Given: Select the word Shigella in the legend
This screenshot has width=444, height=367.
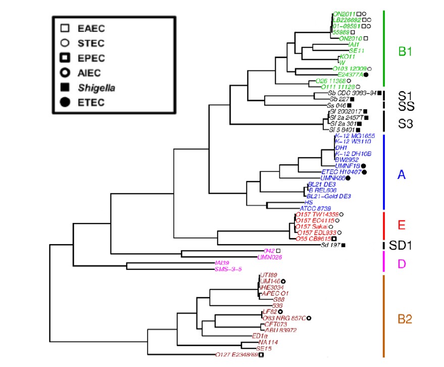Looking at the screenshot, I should pyautogui.click(x=97, y=88).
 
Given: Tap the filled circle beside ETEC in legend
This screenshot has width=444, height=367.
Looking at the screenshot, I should pyautogui.click(x=65, y=103).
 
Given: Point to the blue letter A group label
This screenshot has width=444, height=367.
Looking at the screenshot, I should pyautogui.click(x=402, y=174).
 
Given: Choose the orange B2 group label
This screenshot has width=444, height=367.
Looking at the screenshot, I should pyautogui.click(x=406, y=319).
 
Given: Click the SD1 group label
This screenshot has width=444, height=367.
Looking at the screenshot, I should pyautogui.click(x=401, y=246).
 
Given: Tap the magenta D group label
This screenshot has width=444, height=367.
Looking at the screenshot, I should pyautogui.click(x=401, y=264).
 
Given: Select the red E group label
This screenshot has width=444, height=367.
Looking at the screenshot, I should pyautogui.click(x=402, y=224).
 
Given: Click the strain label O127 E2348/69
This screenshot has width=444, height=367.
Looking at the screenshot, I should pyautogui.click(x=236, y=354).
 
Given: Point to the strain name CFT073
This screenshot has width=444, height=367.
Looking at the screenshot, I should pyautogui.click(x=275, y=324).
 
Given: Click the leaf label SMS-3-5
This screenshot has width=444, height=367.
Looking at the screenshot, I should pyautogui.click(x=229, y=269).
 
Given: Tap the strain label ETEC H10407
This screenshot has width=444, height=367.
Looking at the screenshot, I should pyautogui.click(x=340, y=172).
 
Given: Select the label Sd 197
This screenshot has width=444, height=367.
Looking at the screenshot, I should pyautogui.click(x=330, y=246).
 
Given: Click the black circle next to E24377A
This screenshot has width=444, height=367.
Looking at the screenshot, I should pyautogui.click(x=366, y=74).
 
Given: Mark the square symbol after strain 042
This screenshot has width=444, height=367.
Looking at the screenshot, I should pyautogui.click(x=278, y=251).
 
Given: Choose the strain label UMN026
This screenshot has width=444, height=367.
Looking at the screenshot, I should pyautogui.click(x=269, y=257).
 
